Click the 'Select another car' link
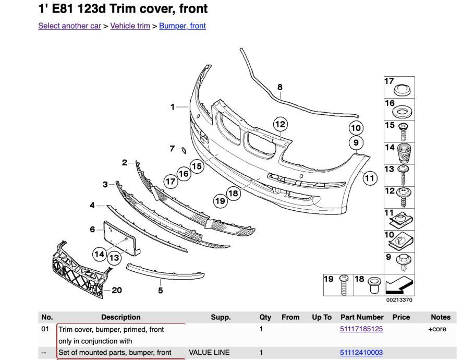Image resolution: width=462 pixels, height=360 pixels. (x=69, y=26)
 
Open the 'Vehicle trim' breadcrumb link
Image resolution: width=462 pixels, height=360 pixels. (x=130, y=26)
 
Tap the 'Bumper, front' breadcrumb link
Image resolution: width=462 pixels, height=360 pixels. (x=182, y=26)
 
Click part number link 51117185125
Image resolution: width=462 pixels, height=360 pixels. (x=361, y=329)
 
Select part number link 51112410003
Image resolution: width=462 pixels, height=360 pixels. (x=361, y=353)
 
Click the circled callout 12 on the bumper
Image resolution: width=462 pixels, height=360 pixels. (x=281, y=124)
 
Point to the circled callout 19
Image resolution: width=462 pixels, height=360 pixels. (x=220, y=200)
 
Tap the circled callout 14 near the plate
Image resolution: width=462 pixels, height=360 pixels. (x=100, y=254)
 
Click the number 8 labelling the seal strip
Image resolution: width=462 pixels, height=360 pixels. (x=280, y=87)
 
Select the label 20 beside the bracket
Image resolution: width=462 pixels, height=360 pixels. (x=117, y=290)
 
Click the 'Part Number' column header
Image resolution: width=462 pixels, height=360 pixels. (x=362, y=317)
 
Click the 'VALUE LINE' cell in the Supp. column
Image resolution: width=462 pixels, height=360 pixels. (x=209, y=353)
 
